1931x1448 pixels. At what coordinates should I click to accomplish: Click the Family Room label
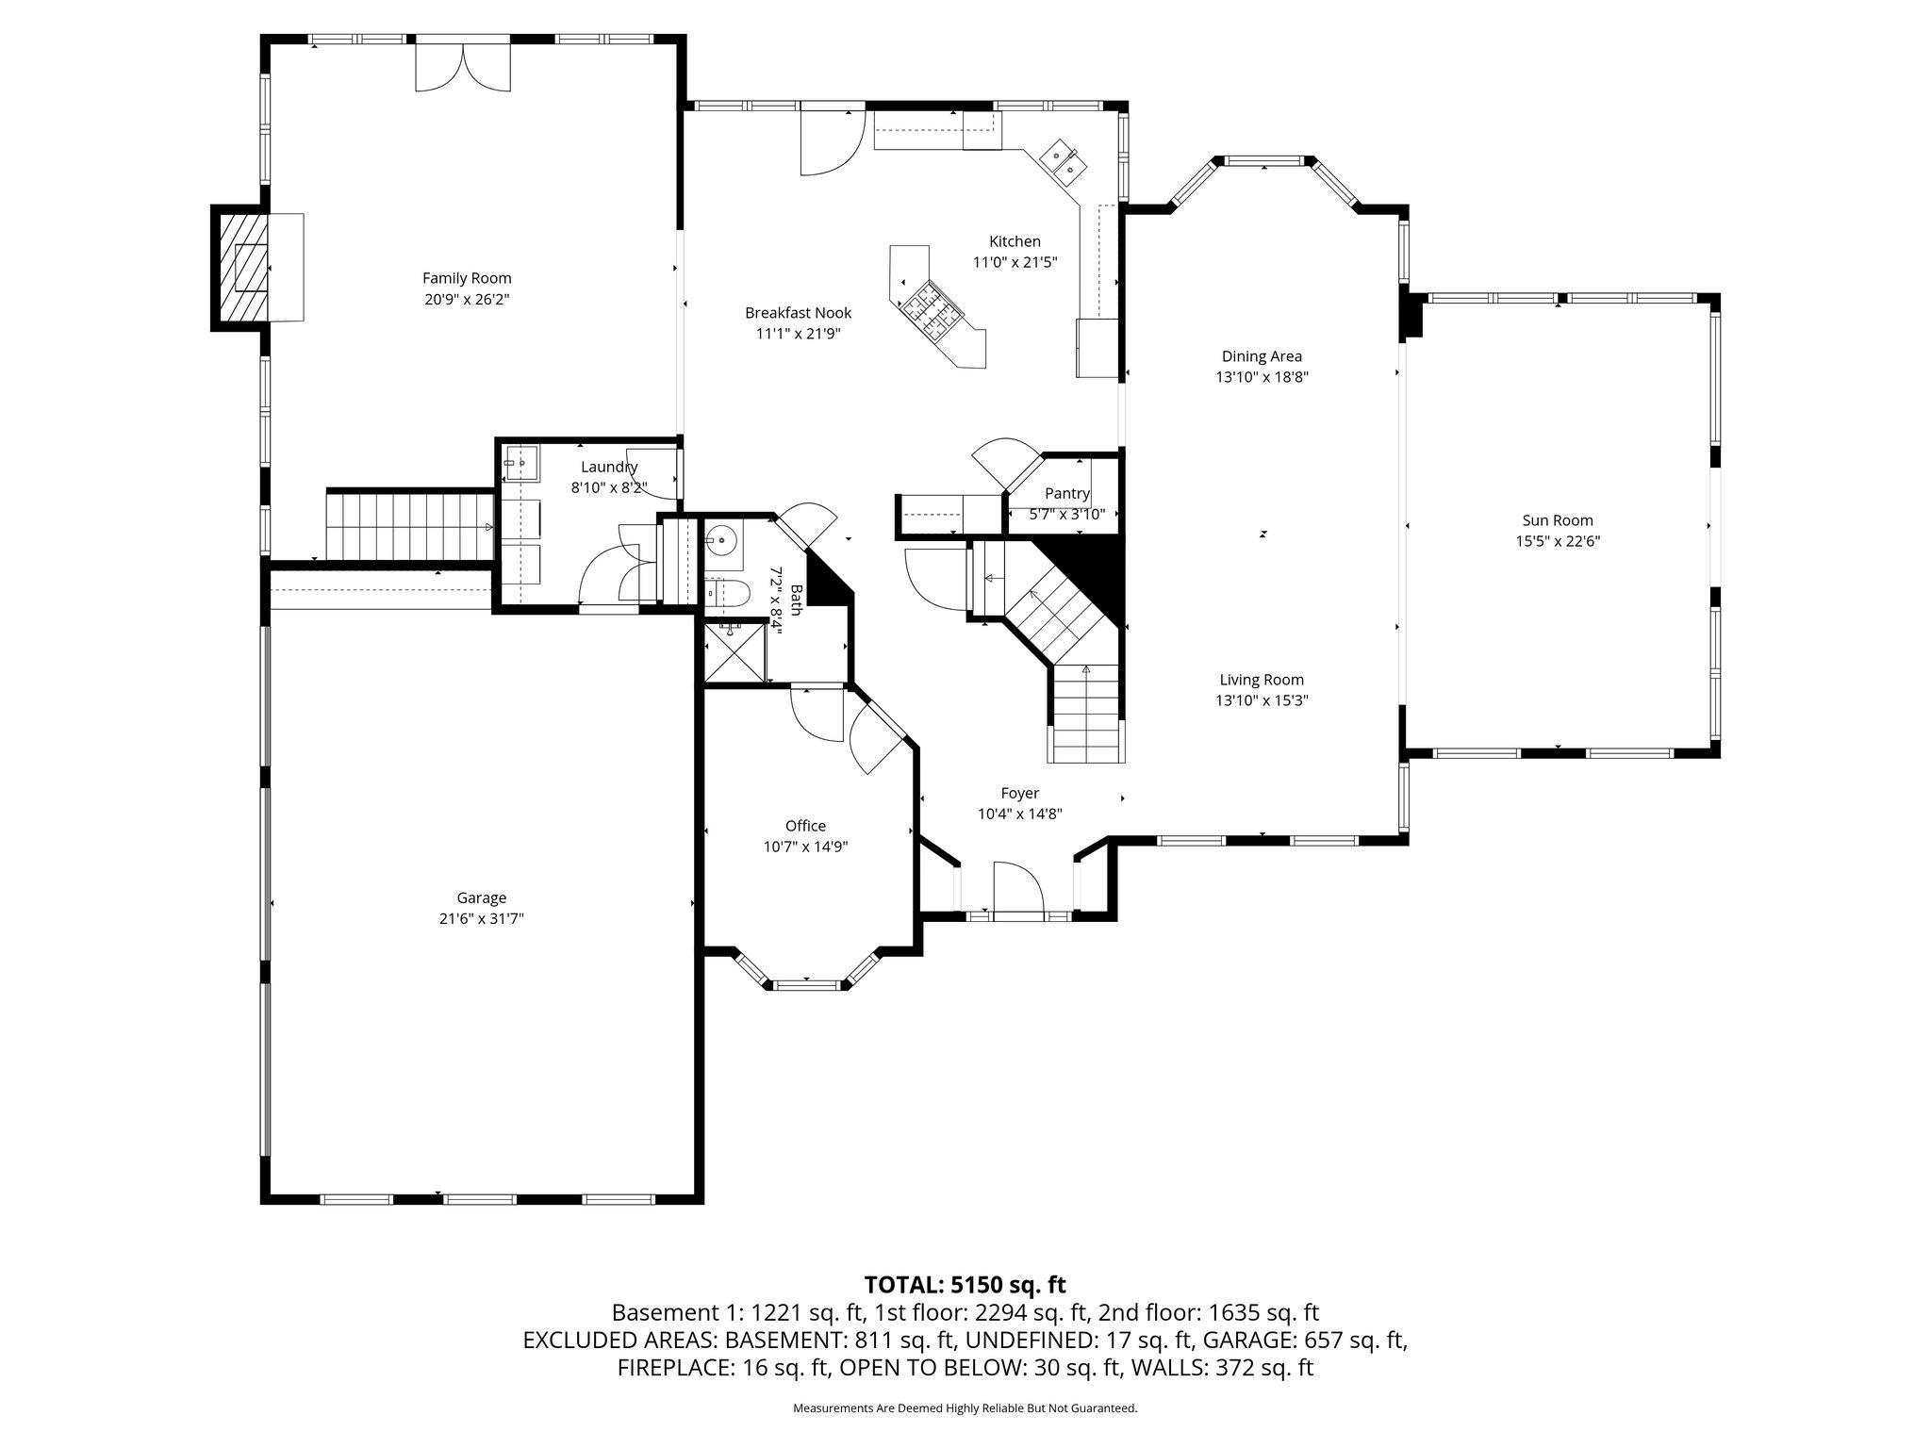click(x=467, y=278)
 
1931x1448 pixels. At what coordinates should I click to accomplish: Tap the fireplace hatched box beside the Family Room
click(x=241, y=269)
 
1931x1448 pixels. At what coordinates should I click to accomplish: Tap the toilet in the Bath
click(x=729, y=593)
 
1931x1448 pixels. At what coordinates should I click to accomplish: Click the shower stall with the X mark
click(x=736, y=651)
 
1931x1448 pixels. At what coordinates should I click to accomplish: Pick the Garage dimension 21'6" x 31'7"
click(x=481, y=918)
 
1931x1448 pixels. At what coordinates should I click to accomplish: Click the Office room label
click(x=805, y=826)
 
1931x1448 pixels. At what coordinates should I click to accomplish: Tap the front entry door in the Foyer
click(x=1018, y=891)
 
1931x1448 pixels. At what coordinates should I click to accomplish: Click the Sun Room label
click(x=1558, y=520)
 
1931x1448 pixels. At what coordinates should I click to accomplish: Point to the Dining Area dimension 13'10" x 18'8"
click(x=1262, y=377)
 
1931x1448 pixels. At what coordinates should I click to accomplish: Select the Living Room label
click(x=1262, y=680)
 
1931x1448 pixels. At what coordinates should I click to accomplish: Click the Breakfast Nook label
click(x=798, y=313)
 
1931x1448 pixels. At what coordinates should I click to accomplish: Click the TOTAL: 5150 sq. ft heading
click(x=965, y=1284)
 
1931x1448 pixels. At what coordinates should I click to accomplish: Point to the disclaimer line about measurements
click(x=965, y=1408)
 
